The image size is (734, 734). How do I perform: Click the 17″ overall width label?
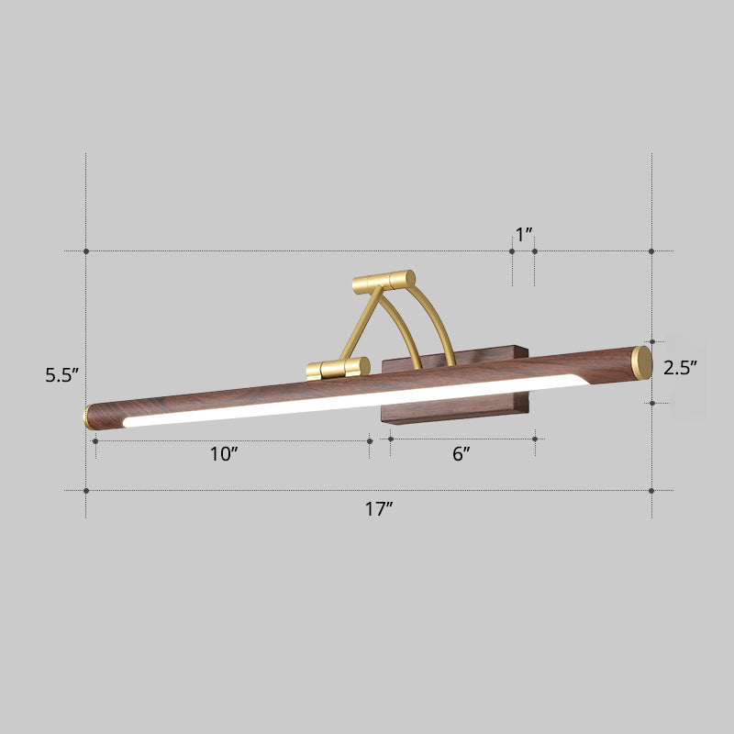[x=378, y=510]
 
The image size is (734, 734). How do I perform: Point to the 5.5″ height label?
[x=63, y=374]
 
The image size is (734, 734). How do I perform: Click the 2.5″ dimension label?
[x=682, y=369]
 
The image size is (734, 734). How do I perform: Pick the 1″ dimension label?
[x=524, y=235]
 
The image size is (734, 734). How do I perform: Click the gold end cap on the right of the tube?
[x=642, y=361]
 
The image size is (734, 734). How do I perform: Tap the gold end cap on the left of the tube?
[x=88, y=417]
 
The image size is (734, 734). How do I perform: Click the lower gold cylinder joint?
[x=339, y=368]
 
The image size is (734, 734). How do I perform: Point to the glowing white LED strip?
[x=349, y=401]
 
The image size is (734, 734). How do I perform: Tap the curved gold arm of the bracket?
[x=439, y=321]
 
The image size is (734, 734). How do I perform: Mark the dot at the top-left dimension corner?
[x=86, y=250]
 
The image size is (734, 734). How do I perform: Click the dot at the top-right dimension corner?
[x=651, y=250]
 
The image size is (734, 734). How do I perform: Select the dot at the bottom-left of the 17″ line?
[x=86, y=491]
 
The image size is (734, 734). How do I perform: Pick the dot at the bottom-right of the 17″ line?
[x=651, y=491]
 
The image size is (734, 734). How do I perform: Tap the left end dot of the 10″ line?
[x=95, y=440]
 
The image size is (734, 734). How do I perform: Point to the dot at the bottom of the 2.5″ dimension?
[x=651, y=402]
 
